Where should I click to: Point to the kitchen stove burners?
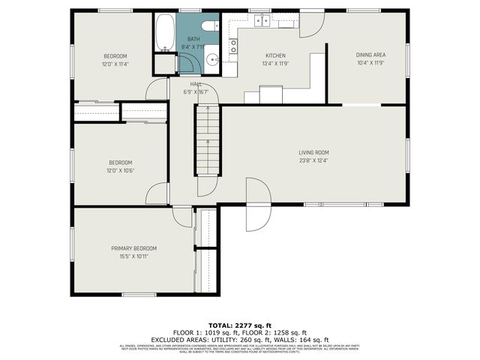(233, 46)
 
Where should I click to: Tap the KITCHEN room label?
(275, 55)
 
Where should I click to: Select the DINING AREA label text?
(370, 55)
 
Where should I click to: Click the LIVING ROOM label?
(313, 152)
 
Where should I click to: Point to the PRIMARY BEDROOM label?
(133, 248)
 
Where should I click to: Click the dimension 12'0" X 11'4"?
(115, 64)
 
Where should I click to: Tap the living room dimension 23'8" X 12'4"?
(313, 160)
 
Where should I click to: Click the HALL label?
(195, 84)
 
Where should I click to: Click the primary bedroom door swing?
(183, 217)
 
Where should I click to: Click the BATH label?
(193, 39)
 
